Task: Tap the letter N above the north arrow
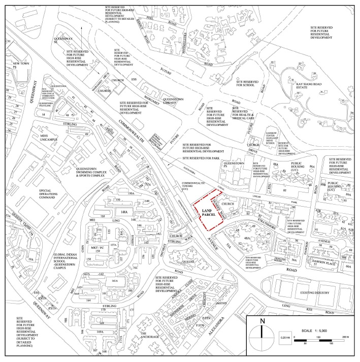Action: point(262,321)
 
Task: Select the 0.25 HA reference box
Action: point(284,338)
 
